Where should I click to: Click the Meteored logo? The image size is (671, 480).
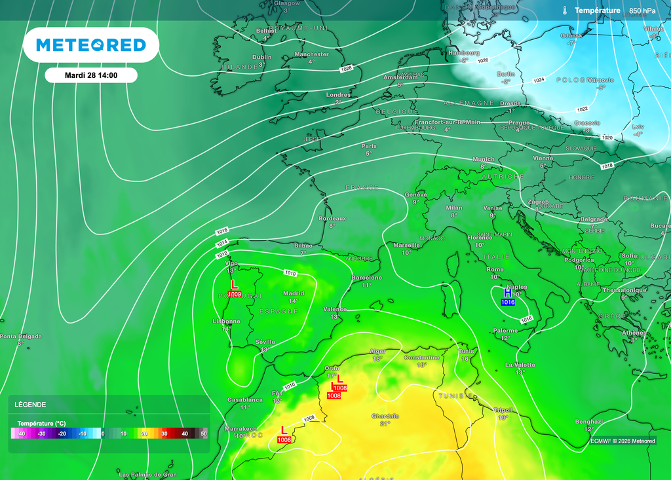[x=90, y=45]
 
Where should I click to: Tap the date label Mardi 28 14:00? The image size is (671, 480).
[x=91, y=75]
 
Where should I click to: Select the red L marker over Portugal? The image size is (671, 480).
[x=235, y=285]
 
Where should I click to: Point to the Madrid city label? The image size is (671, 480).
[x=293, y=293]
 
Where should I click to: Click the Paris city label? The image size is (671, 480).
[x=369, y=146]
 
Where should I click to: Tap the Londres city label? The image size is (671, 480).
[x=338, y=95]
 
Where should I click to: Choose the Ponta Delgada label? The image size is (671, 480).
[x=20, y=337]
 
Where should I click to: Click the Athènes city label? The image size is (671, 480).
[x=634, y=333]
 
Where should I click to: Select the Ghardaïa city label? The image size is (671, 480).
[x=385, y=416]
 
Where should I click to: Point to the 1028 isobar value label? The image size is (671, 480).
[x=346, y=69]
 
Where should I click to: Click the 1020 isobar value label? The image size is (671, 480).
[x=607, y=138]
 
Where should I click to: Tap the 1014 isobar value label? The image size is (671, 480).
[x=221, y=244]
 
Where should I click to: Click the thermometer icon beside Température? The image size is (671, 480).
[x=564, y=10]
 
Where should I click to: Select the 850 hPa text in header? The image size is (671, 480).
[x=642, y=10]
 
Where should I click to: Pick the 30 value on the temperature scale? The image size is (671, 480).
[x=164, y=434]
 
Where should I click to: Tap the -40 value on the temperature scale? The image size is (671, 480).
[x=21, y=434]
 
